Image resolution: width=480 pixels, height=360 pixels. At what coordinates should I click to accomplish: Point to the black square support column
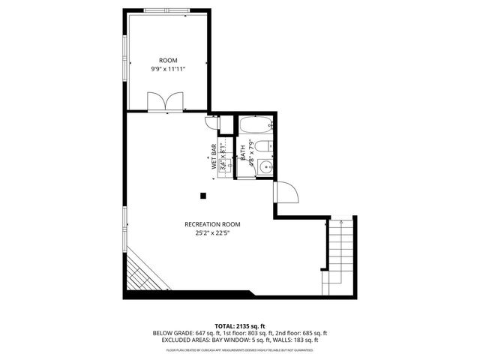coord(203,196)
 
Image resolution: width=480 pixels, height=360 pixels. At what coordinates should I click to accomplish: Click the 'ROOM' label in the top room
coord(167,60)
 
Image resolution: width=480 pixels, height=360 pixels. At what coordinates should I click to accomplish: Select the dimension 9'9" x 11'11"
coord(167,69)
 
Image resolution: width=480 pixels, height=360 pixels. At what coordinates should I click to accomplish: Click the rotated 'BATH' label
coord(243,152)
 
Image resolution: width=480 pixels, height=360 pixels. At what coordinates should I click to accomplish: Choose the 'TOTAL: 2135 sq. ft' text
coord(240,325)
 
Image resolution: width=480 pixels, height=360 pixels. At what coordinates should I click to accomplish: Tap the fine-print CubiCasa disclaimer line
coord(240,349)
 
